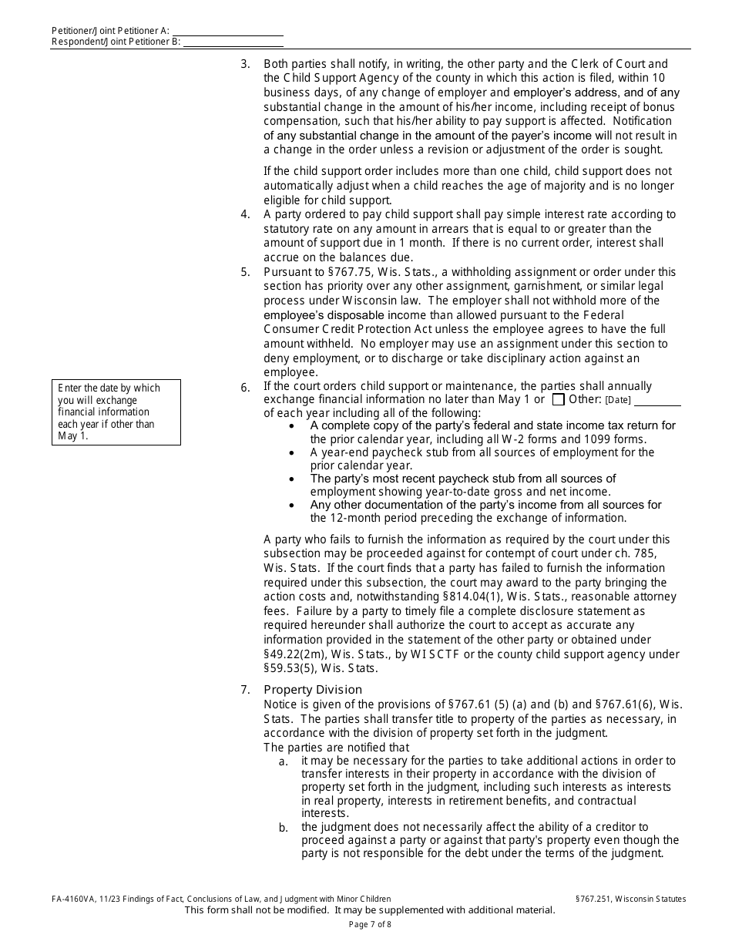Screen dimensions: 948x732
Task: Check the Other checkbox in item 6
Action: point(559,399)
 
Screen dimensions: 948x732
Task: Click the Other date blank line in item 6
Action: point(657,400)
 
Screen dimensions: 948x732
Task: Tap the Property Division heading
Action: point(312,690)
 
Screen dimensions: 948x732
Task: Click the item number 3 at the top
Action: point(245,64)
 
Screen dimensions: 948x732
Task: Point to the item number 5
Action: point(245,272)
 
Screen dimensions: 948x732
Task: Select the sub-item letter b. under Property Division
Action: point(284,828)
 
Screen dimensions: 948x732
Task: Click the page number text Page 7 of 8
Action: point(370,924)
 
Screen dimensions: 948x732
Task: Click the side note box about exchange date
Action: point(116,412)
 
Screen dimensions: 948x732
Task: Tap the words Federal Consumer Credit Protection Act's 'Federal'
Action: point(626,315)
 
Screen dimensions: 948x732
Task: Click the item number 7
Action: point(245,690)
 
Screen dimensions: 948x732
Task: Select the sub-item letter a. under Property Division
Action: point(284,761)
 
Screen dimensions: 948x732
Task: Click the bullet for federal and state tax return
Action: point(290,426)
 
